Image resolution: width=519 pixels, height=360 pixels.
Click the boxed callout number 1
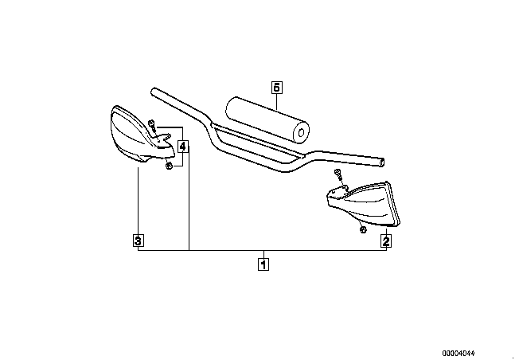click(x=263, y=264)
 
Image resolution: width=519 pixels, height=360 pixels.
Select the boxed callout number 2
click(x=386, y=241)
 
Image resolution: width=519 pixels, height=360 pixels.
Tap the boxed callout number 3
click(x=138, y=241)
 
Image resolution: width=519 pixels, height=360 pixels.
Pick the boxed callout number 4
click(x=183, y=146)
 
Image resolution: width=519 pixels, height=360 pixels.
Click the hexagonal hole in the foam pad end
click(x=301, y=133)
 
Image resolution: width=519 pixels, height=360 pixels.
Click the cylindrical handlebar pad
click(x=267, y=120)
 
